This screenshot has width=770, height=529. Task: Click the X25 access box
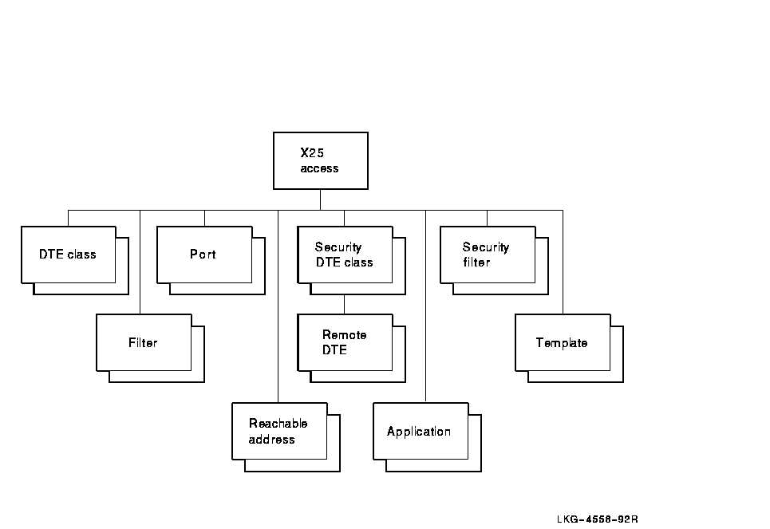[321, 160]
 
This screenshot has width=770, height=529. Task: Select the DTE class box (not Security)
[68, 255]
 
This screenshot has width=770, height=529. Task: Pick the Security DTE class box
[345, 255]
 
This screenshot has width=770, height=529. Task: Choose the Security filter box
[488, 255]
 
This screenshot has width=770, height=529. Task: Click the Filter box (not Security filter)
[144, 342]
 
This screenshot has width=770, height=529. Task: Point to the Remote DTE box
[345, 342]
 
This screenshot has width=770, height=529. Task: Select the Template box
[563, 342]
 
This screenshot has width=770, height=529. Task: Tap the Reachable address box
[279, 431]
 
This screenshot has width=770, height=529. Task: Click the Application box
[421, 431]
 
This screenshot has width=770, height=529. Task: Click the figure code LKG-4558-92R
[598, 519]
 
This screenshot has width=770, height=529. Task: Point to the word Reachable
[278, 424]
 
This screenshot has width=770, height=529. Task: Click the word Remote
[345, 335]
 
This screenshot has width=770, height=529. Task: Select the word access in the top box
[319, 168]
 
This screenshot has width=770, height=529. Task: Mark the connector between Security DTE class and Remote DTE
[345, 298]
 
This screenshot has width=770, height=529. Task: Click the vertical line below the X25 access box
[321, 199]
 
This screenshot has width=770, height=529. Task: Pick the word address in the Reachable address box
[271, 440]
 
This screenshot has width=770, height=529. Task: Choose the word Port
[203, 255]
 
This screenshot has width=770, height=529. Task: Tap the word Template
[562, 343]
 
